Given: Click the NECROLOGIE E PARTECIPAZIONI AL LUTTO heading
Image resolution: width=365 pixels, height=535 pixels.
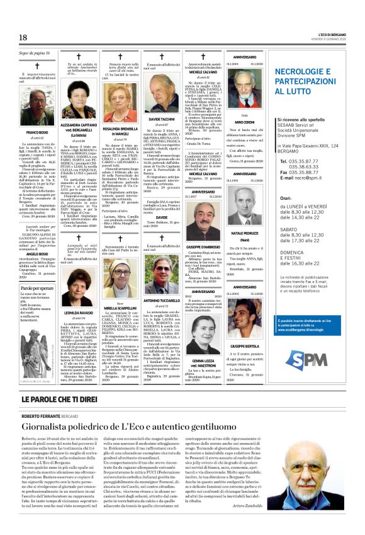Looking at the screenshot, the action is (x=314, y=81).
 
